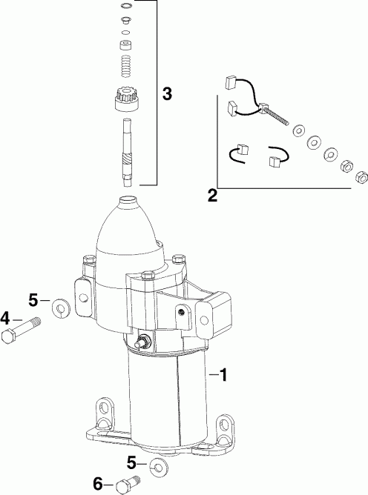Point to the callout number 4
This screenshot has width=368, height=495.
click(x=6, y=319)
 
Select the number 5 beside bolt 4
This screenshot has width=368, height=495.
click(x=33, y=300)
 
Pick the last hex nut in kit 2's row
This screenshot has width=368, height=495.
click(x=361, y=176)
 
